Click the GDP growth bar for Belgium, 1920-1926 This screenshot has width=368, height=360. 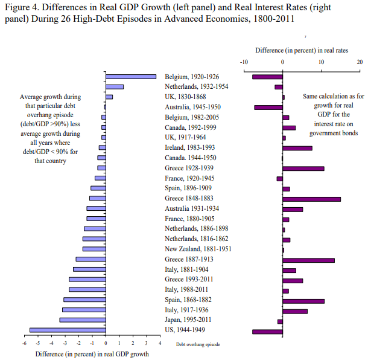(x=131, y=77)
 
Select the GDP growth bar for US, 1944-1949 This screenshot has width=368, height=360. (x=68, y=330)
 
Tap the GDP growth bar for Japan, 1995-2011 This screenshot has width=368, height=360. (x=83, y=320)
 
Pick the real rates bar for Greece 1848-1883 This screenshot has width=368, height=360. (x=311, y=198)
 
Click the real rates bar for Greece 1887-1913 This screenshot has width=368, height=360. (x=308, y=260)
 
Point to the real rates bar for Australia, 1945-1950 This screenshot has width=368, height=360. (x=268, y=108)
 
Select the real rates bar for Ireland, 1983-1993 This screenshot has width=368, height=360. (x=297, y=148)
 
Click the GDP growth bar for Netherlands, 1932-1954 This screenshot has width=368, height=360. (x=115, y=87)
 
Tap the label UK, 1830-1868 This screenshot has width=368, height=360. (x=186, y=97)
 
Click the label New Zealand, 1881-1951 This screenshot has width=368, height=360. (x=198, y=249)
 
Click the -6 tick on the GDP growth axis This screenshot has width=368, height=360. (x=24, y=344)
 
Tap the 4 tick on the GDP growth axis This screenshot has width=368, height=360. (x=160, y=344)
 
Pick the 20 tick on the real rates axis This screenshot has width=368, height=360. (x=360, y=62)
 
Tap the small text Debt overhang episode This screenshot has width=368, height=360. (x=198, y=344)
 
